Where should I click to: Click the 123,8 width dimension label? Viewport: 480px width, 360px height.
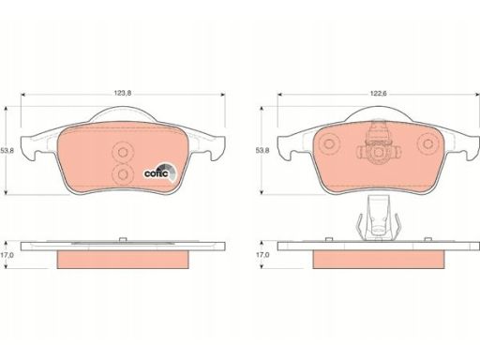click(123, 93)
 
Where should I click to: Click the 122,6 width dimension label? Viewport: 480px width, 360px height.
click(379, 94)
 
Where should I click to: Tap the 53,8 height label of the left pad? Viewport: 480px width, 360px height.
click(7, 151)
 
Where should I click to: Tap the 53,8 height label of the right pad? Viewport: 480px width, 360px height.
click(262, 151)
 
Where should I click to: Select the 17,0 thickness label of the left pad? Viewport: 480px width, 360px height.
click(7, 255)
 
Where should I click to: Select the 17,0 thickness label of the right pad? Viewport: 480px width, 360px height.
click(262, 255)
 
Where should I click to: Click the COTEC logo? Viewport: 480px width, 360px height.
click(160, 172)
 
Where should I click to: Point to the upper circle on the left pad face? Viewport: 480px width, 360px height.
click(123, 152)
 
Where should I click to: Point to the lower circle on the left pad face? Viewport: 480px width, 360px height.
click(123, 174)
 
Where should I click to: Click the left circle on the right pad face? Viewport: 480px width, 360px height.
click(329, 143)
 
